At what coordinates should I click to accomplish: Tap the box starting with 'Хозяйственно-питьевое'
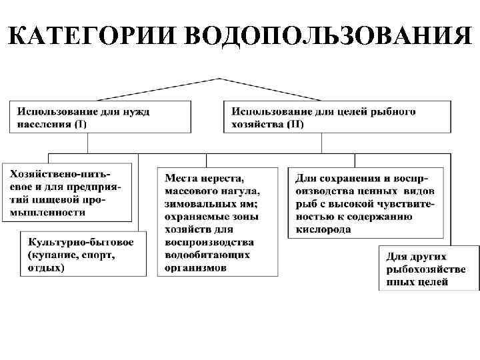click(x=67, y=192)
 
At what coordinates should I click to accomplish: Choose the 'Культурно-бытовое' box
click(x=84, y=253)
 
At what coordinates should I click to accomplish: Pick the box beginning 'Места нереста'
click(x=218, y=221)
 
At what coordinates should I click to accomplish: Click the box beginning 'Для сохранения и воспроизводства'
click(x=366, y=203)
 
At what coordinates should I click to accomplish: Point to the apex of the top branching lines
click(x=219, y=79)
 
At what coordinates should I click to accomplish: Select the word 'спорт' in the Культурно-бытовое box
click(x=96, y=255)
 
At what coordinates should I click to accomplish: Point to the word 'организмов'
click(x=195, y=267)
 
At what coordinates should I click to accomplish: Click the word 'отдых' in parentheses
click(x=46, y=268)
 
